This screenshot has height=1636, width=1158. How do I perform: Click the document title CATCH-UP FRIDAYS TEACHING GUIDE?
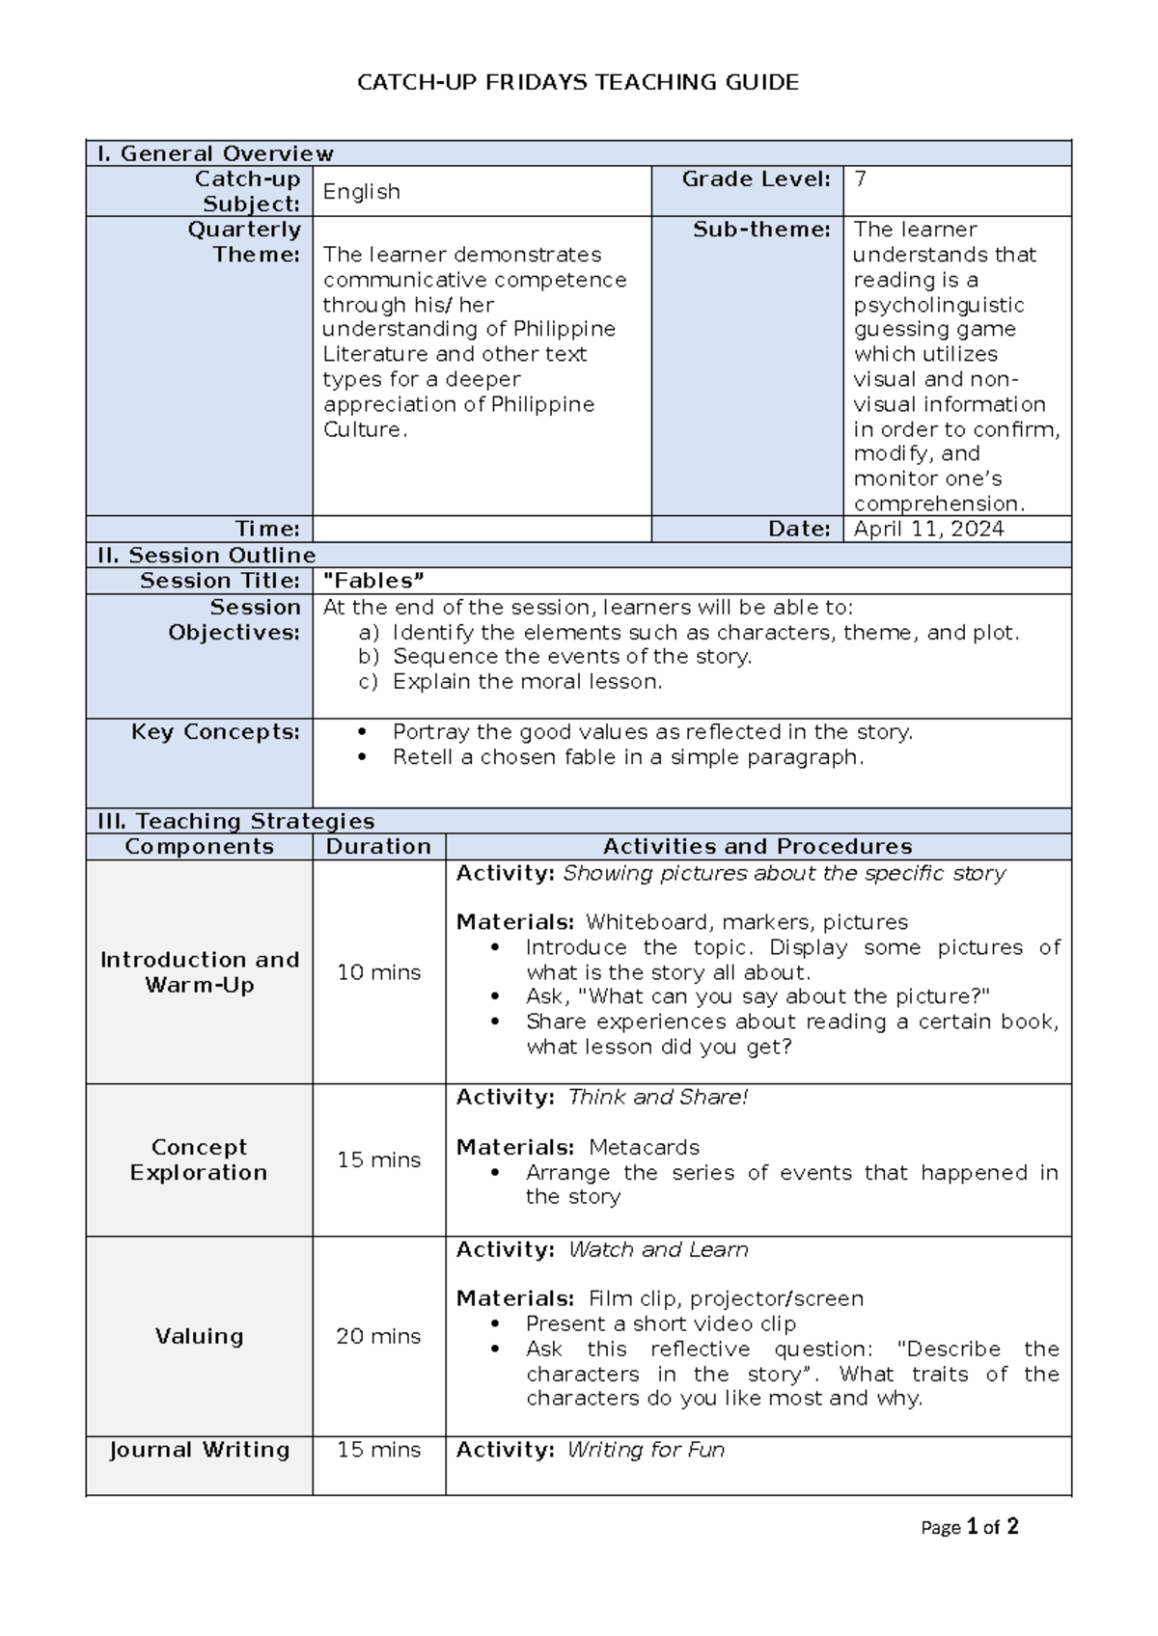click(x=578, y=83)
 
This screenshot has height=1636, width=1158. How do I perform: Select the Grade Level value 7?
click(x=861, y=178)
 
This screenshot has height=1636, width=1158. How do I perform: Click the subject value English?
click(x=361, y=191)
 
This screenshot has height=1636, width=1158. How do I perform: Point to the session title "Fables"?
click(x=373, y=581)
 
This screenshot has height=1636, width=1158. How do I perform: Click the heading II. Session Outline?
click(x=207, y=555)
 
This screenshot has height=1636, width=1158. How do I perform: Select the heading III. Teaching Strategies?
click(x=235, y=821)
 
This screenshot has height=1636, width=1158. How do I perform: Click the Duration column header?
click(x=378, y=846)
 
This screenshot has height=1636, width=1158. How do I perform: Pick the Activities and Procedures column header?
click(x=758, y=846)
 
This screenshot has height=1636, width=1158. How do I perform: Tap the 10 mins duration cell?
click(x=378, y=972)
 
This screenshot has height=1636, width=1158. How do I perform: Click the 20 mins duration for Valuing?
click(x=378, y=1336)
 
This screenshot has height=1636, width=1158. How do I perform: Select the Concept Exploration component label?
click(x=199, y=1159)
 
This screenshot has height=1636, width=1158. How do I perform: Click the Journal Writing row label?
click(x=199, y=1450)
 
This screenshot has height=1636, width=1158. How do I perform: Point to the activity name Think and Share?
click(x=658, y=1097)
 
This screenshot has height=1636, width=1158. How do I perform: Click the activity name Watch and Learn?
click(x=658, y=1249)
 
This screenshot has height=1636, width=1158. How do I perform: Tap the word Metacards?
click(x=644, y=1147)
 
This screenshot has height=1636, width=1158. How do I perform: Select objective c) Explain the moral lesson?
click(x=526, y=681)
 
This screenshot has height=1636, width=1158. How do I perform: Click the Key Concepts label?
click(x=215, y=732)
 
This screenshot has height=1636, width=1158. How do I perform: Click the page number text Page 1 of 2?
click(x=970, y=1527)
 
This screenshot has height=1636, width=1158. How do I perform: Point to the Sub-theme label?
click(x=761, y=230)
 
